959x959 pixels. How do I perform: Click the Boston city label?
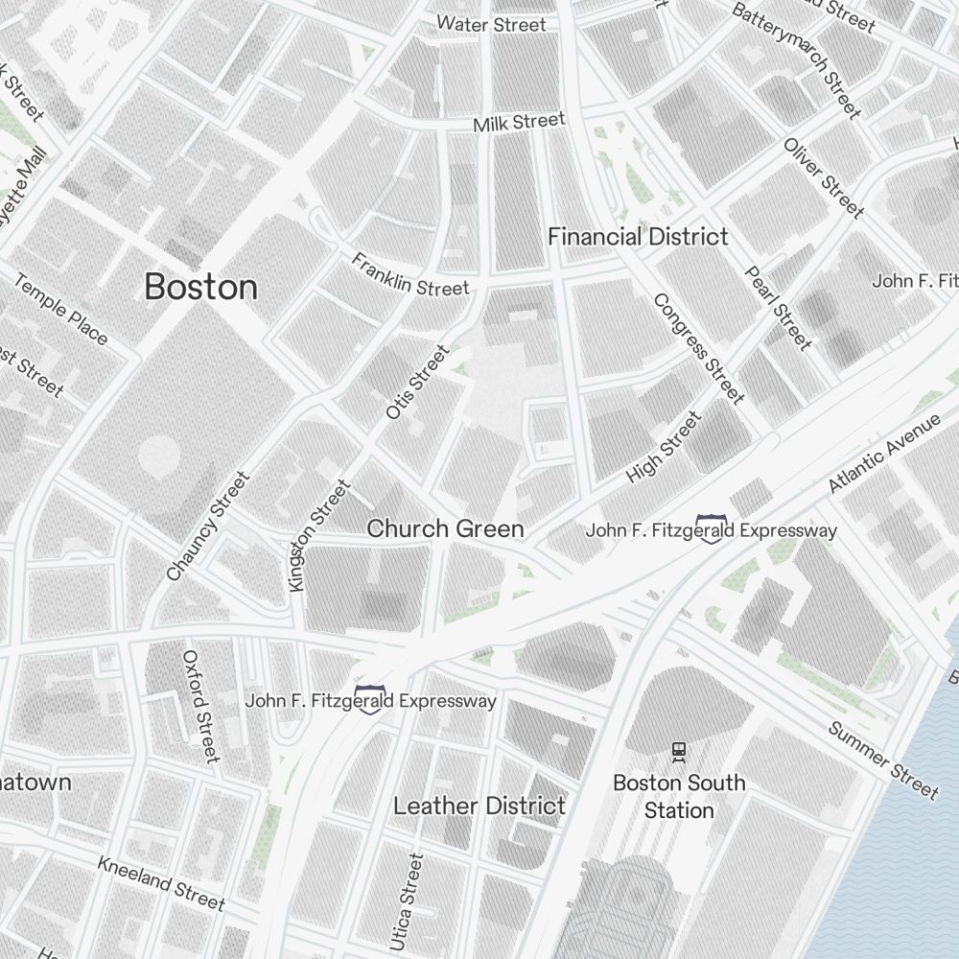pyautogui.click(x=201, y=287)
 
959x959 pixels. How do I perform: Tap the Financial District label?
pyautogui.click(x=638, y=237)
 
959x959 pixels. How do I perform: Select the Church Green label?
pyautogui.click(x=446, y=528)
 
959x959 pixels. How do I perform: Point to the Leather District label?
pyautogui.click(x=479, y=806)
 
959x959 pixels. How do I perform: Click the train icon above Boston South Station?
pyautogui.click(x=679, y=752)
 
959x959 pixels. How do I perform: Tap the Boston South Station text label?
pyautogui.click(x=679, y=796)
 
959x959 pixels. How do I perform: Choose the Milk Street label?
pyautogui.click(x=519, y=123)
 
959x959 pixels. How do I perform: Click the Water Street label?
pyautogui.click(x=491, y=24)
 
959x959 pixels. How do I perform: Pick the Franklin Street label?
pyautogui.click(x=410, y=274)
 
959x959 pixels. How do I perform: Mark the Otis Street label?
pyautogui.click(x=417, y=382)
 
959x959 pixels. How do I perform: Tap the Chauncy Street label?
pyautogui.click(x=207, y=526)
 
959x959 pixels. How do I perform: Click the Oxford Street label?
pyautogui.click(x=201, y=707)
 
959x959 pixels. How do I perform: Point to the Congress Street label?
pyautogui.click(x=699, y=348)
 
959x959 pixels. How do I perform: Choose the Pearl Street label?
pyautogui.click(x=779, y=307)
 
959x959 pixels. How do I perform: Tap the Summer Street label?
pyautogui.click(x=883, y=758)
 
